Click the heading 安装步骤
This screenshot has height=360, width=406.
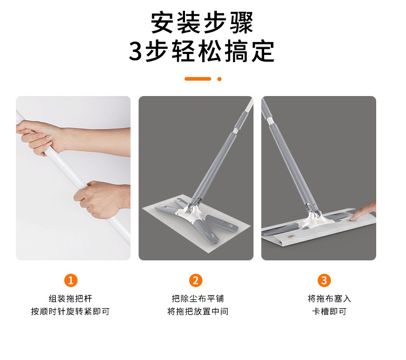201,23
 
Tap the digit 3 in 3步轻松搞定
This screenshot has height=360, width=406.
136,51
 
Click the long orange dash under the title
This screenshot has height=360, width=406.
198,79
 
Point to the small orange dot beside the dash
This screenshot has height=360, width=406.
219,79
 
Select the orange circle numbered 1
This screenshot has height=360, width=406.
71,280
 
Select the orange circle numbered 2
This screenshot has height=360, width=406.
195,280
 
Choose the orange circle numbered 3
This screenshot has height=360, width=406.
324,280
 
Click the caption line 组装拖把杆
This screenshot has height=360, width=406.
70,298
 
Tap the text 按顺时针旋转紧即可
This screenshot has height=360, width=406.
70,311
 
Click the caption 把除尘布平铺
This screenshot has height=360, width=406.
198,298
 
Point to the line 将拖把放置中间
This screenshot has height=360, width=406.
198,311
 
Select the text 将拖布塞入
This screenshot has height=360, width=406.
329,298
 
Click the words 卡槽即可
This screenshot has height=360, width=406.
329,311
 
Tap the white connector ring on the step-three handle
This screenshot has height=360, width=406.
270,120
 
